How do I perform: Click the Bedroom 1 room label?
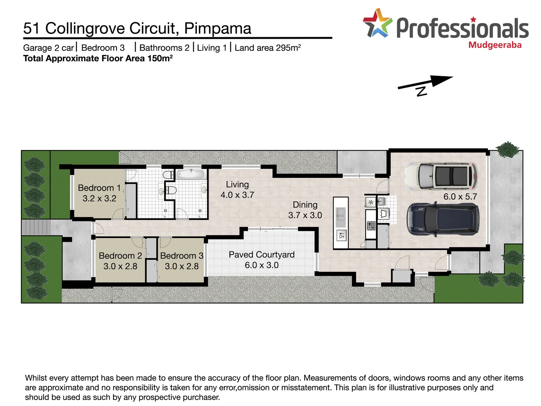[99, 193]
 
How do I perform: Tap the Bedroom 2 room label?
[120, 261]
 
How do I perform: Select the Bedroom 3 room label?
[181, 261]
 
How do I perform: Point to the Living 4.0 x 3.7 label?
[237, 189]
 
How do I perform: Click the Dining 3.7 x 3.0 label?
[305, 210]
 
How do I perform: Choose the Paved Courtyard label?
[261, 260]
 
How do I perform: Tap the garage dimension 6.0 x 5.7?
[460, 197]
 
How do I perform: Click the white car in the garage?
[441, 176]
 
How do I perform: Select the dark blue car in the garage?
[443, 220]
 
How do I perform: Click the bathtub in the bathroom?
[190, 174]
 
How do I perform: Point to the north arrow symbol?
[425, 85]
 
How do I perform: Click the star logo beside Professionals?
[377, 24]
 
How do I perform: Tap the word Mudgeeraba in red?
[495, 45]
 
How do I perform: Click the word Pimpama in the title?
[218, 29]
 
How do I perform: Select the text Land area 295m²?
[267, 48]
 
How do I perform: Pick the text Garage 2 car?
[48, 48]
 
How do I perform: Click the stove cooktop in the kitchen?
[371, 226]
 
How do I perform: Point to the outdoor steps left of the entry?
[35, 227]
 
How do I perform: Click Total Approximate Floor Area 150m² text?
[98, 58]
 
